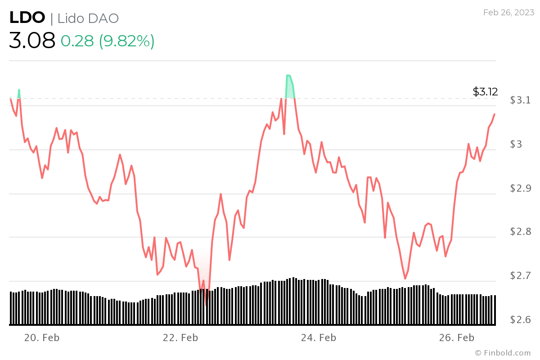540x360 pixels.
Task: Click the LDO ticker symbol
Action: [27, 18]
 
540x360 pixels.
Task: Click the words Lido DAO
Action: [88, 18]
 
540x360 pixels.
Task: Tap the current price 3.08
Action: [32, 40]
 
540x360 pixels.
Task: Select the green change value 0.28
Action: [77, 41]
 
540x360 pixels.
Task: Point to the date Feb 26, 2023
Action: [508, 12]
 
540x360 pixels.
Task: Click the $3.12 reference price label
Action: [485, 92]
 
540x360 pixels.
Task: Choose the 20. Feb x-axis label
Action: [42, 337]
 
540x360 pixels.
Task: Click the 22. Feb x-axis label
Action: [180, 337]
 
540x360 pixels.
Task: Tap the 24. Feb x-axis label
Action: [319, 337]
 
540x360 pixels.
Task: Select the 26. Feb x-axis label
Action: [457, 337]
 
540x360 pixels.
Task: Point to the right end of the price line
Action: [495, 114]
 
